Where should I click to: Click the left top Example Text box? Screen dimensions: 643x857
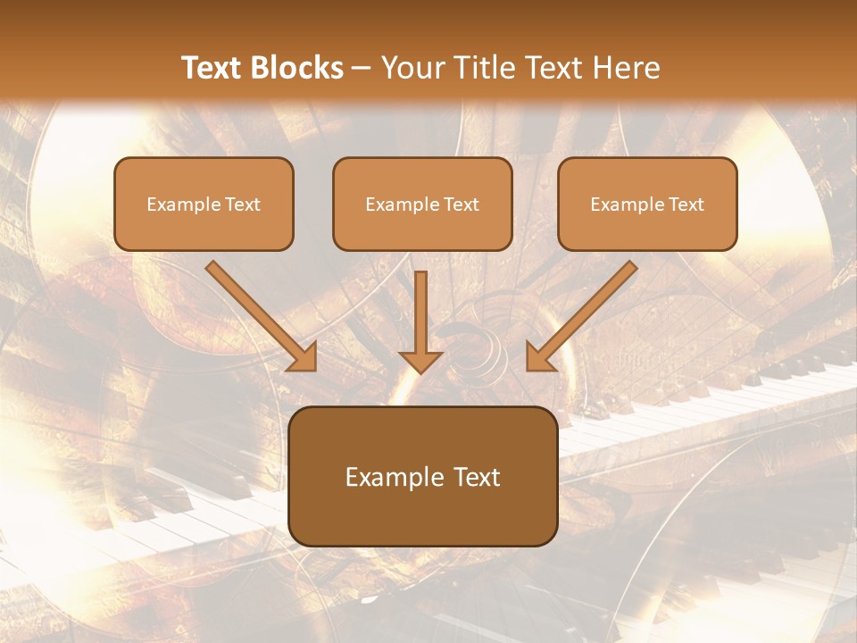(204, 204)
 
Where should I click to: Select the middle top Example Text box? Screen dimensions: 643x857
(422, 204)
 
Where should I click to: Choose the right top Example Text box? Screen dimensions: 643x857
(647, 204)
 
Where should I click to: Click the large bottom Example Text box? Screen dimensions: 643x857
(422, 476)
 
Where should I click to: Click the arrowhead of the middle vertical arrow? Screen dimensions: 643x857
(420, 360)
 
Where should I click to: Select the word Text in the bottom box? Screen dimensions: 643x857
(474, 477)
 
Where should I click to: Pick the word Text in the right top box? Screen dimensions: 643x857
(686, 205)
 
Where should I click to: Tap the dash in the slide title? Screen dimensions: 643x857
(362, 69)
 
